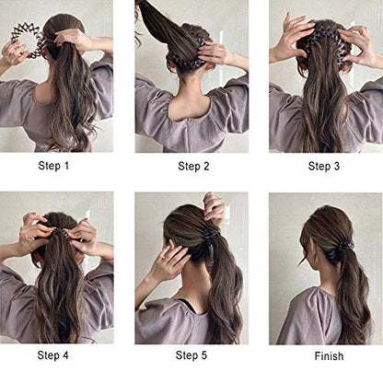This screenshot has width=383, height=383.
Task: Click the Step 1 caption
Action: point(53,166)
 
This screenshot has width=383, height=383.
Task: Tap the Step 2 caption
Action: point(193,166)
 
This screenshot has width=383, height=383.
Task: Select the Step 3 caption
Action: point(324,166)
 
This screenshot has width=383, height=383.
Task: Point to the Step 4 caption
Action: point(52,355)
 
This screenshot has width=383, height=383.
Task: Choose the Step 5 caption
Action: point(191,355)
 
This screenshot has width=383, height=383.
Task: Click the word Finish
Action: point(329,356)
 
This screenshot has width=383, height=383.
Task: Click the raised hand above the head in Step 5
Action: point(214,209)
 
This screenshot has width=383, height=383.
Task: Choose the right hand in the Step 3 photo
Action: point(357,46)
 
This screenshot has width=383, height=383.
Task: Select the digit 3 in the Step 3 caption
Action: point(337,166)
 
